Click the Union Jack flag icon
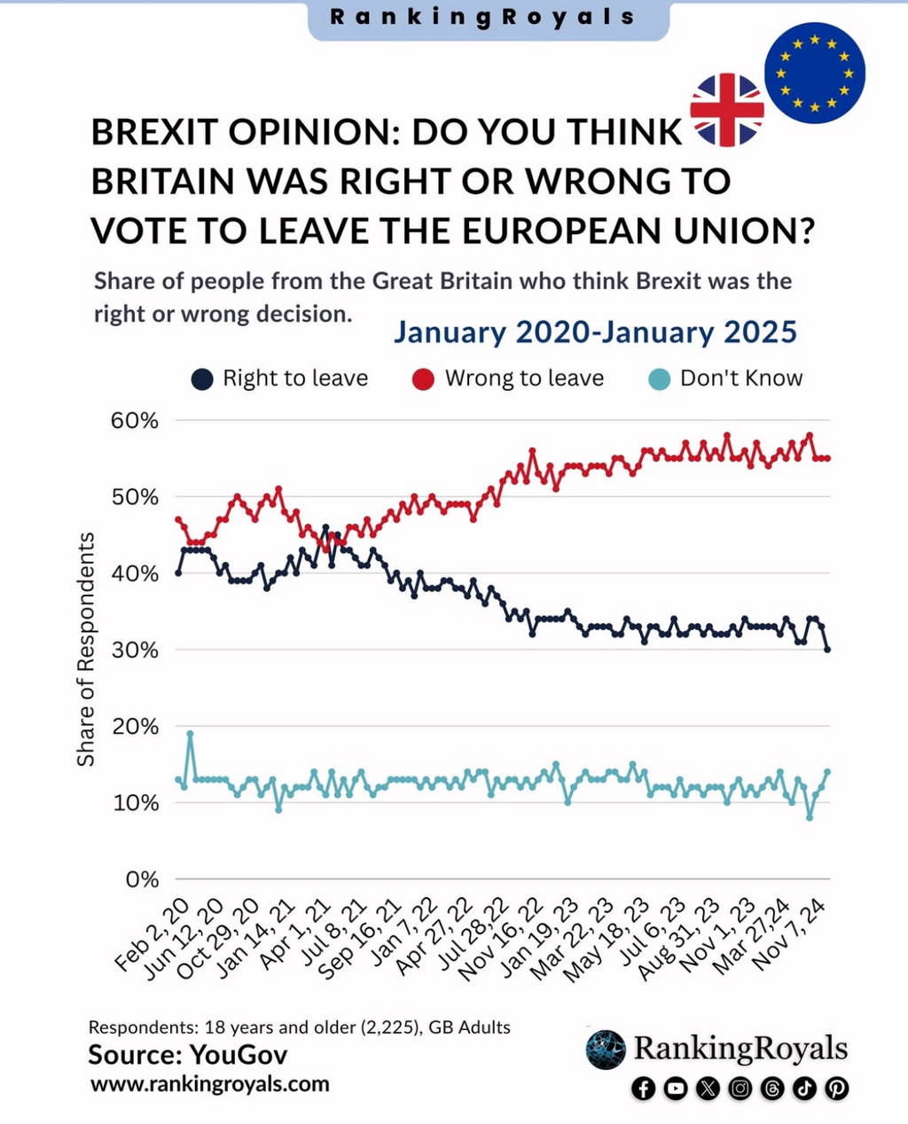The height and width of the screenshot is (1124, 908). click(727, 110)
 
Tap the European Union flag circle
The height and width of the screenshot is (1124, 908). click(814, 73)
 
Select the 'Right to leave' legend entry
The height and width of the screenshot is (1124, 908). click(280, 379)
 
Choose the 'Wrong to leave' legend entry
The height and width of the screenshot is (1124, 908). click(509, 379)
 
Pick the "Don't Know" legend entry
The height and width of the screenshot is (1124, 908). click(726, 379)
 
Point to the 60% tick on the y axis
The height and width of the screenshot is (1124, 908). click(135, 420)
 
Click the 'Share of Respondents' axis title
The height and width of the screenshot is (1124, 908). click(86, 650)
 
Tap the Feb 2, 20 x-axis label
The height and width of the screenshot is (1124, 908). click(153, 935)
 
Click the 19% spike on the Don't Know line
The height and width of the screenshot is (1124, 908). click(190, 734)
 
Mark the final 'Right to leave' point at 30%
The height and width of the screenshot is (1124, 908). click(827, 650)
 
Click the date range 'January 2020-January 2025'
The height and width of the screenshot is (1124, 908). click(595, 332)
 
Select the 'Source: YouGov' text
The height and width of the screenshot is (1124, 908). click(188, 1055)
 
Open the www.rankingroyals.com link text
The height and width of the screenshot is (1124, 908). click(210, 1084)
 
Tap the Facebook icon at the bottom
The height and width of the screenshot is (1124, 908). click(644, 1089)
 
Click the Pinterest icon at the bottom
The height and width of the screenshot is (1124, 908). click(836, 1089)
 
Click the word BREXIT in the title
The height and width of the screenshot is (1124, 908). click(153, 132)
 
